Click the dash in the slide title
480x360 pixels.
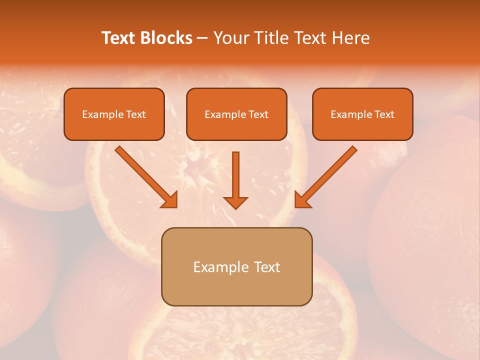(x=202, y=38)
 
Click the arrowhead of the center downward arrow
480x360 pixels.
(x=235, y=202)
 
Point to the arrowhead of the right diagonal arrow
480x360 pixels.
(x=302, y=200)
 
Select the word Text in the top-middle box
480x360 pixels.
(x=258, y=114)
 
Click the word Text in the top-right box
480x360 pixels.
(x=384, y=114)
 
